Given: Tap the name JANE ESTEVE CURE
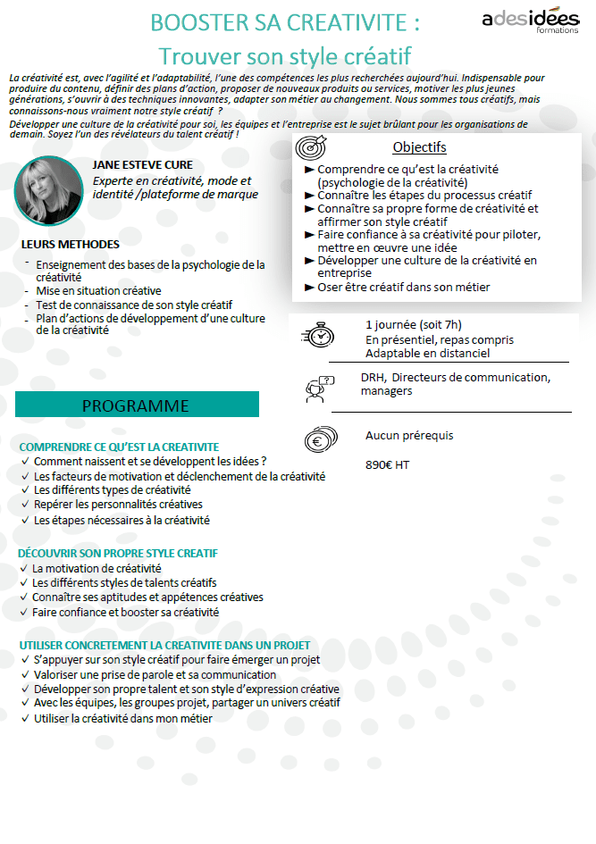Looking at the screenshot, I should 142,165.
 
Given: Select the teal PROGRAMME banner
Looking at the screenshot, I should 137,405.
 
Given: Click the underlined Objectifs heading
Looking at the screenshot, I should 419,147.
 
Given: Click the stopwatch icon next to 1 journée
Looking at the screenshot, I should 318,334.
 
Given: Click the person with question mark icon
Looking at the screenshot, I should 319,386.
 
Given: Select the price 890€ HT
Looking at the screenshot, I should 388,464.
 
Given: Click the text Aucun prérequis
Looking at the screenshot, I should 409,436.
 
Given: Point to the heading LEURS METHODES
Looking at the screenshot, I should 70,244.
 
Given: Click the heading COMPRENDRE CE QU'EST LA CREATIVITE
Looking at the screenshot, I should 119,447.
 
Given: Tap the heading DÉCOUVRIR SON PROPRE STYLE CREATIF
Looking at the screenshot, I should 118,554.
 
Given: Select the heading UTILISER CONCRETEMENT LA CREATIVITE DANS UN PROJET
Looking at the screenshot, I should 164,645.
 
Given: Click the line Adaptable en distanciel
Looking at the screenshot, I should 427,354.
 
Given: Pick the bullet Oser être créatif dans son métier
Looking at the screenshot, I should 403,287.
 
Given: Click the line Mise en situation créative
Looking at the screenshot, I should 98,291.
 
